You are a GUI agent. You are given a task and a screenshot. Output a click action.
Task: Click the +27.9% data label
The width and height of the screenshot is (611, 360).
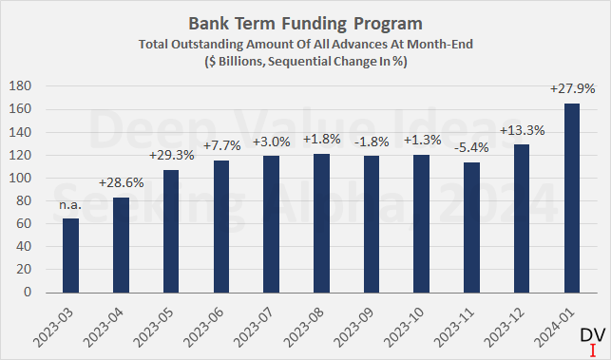coord(571,88)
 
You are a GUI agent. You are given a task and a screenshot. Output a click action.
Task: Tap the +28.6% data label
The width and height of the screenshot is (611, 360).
coord(122,182)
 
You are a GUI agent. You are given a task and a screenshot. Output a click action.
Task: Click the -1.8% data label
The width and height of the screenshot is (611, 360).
coord(372,141)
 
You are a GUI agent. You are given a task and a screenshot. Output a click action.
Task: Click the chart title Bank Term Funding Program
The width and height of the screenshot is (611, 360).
coord(305,21)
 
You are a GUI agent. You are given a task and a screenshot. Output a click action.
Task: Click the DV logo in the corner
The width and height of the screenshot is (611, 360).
coord(591,338)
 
